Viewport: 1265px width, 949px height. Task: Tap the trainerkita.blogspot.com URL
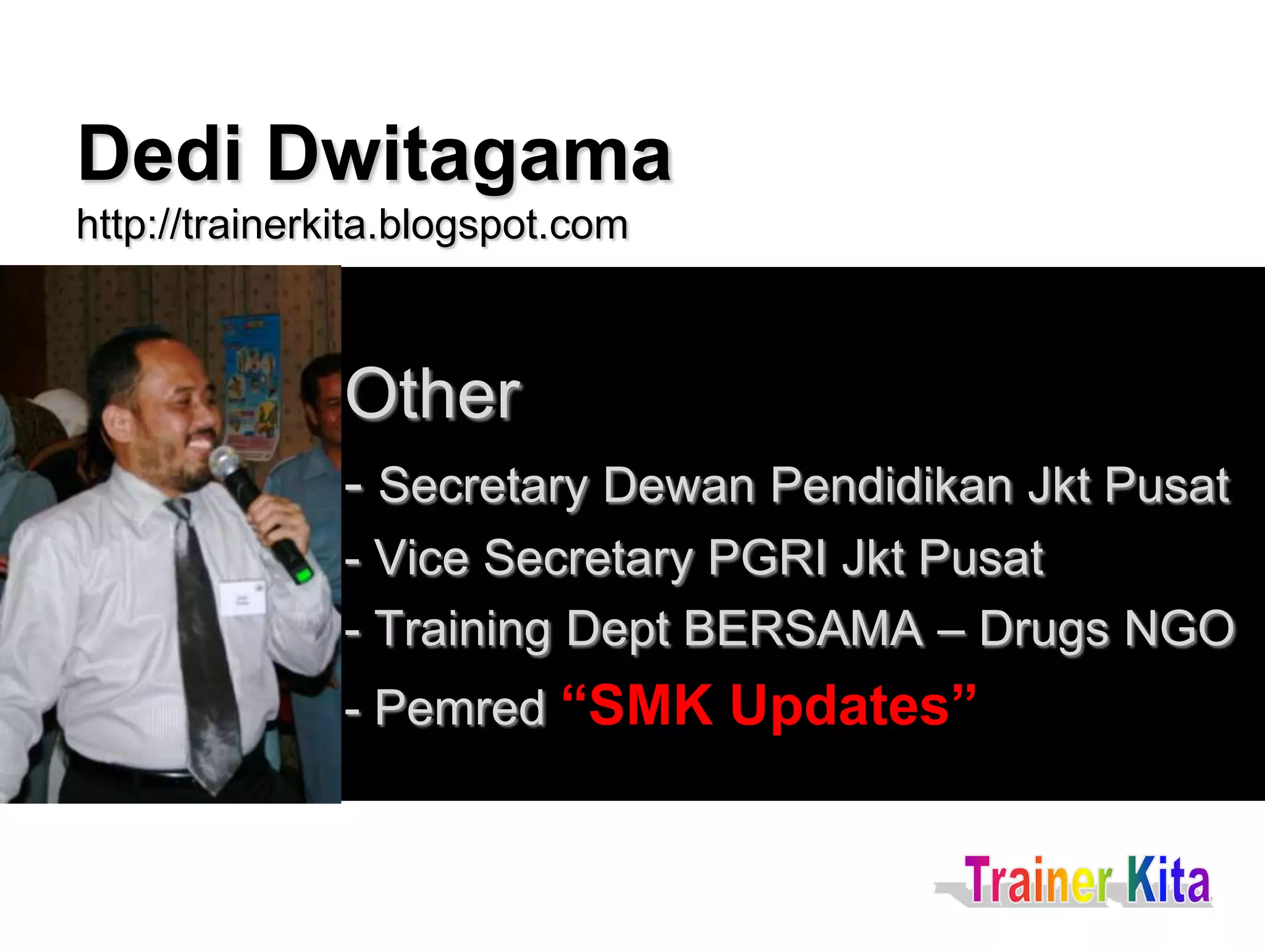[352, 225]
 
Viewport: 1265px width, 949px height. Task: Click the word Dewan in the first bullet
[679, 486]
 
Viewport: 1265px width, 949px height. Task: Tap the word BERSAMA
[803, 629]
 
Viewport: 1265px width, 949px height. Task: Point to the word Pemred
[460, 707]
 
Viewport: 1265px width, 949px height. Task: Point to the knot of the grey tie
[179, 509]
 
